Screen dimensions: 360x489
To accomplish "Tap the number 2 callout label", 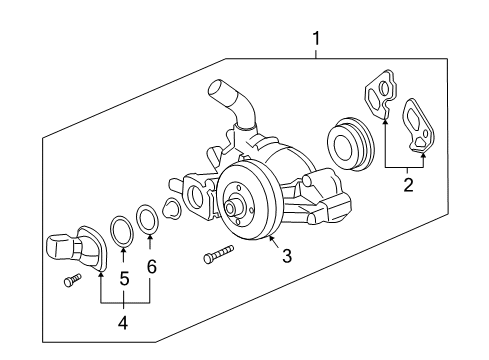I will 407,184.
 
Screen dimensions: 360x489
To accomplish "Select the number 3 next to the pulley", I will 287,256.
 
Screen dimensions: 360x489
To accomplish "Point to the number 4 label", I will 124,322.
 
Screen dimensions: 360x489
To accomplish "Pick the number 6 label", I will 151,267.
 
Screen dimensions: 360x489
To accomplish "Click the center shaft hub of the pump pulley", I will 235,209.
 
